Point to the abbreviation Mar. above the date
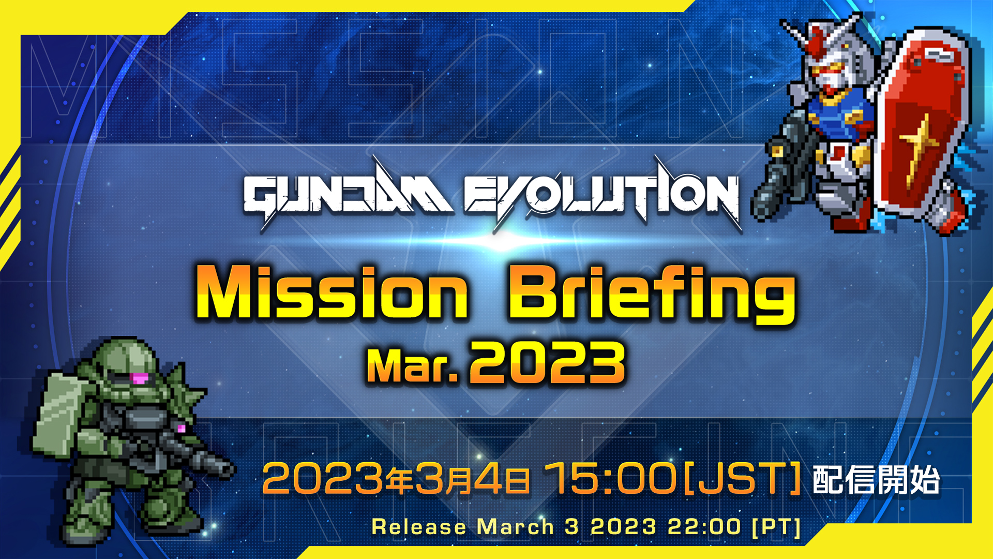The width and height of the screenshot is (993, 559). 412,365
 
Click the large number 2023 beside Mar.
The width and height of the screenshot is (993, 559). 547,364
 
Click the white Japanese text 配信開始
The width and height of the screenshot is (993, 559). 876,480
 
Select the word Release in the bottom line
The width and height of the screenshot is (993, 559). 419,527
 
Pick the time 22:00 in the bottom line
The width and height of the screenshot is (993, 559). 704,526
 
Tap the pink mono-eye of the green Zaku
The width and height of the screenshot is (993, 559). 139,378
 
